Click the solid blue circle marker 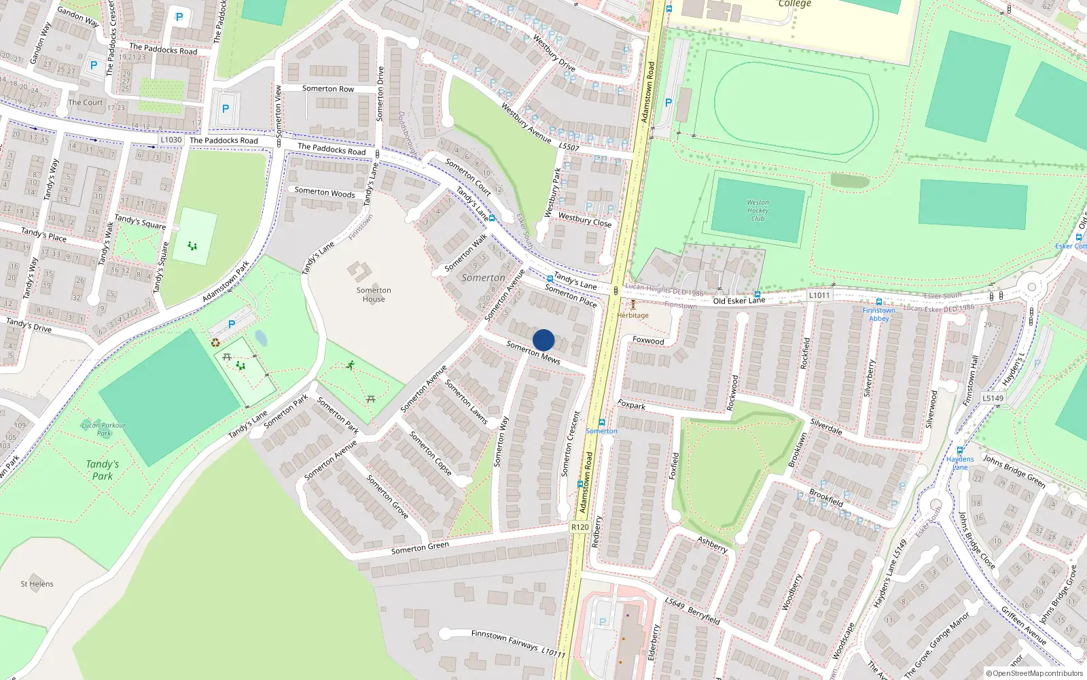click(x=543, y=340)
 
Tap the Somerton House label click(x=373, y=294)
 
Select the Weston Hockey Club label click(x=758, y=210)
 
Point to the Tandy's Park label click(x=103, y=470)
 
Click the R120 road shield click(x=580, y=527)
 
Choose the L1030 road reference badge click(x=171, y=140)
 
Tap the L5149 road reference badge click(x=993, y=398)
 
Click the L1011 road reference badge click(x=819, y=295)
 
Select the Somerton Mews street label click(x=533, y=352)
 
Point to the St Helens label click(x=37, y=583)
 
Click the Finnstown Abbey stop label click(x=878, y=314)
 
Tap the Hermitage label click(x=632, y=316)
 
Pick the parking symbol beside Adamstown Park click(x=232, y=324)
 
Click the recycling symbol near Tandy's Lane click(x=215, y=343)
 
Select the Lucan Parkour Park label click(x=103, y=428)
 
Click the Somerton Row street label click(x=328, y=88)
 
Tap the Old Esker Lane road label click(x=738, y=301)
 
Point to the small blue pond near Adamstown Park click(x=261, y=338)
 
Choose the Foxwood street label click(x=648, y=340)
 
